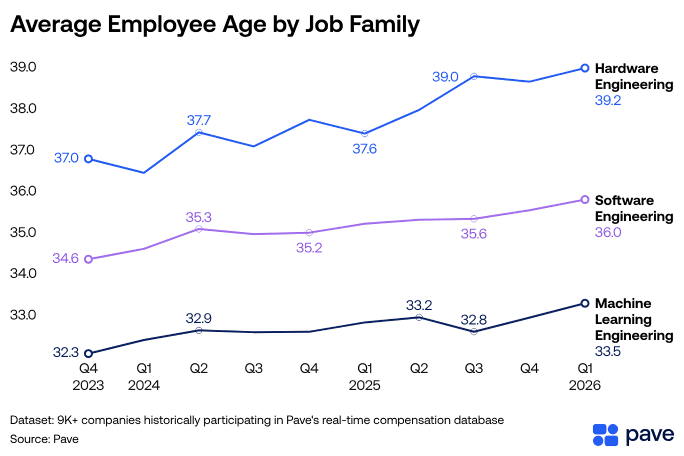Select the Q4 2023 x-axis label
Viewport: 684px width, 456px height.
(89, 376)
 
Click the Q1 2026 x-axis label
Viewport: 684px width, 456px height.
(585, 376)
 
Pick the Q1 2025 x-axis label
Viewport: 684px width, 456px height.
(365, 376)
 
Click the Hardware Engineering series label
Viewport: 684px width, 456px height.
(634, 76)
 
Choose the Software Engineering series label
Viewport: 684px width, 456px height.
(634, 208)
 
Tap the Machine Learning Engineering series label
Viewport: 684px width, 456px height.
(634, 319)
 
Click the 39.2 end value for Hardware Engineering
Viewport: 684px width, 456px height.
(608, 101)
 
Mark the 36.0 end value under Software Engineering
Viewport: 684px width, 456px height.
(608, 233)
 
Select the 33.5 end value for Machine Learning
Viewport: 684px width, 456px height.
(608, 351)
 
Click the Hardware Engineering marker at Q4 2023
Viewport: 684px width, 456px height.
(89, 159)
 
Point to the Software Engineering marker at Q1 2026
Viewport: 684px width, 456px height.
(585, 199)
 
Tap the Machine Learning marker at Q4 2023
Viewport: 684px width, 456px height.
(89, 353)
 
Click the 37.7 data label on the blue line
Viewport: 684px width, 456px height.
(199, 120)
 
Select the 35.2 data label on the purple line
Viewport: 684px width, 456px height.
(309, 248)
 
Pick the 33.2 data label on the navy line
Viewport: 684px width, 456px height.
(419, 305)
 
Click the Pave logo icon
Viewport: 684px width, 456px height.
(606, 435)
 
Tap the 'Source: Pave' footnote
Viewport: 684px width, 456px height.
(44, 439)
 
